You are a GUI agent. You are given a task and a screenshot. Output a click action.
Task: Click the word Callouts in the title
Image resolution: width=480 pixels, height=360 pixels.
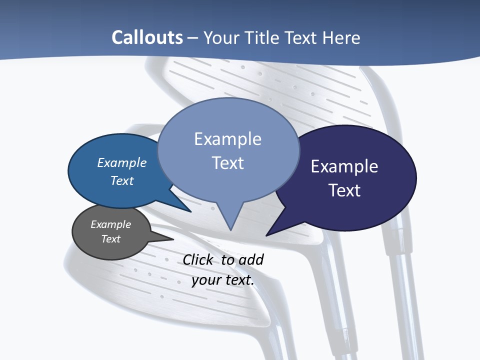(x=147, y=37)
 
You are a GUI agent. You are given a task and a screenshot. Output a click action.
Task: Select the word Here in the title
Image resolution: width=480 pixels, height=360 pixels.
(x=341, y=37)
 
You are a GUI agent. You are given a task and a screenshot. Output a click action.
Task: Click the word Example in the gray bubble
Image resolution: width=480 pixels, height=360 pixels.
(x=110, y=224)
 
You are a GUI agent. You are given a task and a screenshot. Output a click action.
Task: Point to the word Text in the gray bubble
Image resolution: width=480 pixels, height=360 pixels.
(x=110, y=239)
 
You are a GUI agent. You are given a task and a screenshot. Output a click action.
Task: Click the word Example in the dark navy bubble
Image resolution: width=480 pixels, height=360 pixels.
(x=344, y=166)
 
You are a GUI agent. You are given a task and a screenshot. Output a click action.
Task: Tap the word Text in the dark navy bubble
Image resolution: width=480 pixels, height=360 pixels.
(x=344, y=190)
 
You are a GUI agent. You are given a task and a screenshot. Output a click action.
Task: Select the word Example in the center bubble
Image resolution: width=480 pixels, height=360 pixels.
(x=227, y=139)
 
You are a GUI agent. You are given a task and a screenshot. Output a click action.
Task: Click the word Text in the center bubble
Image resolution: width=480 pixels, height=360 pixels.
(x=227, y=163)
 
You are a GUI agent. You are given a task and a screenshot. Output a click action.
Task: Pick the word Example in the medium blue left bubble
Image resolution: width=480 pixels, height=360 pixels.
(x=122, y=163)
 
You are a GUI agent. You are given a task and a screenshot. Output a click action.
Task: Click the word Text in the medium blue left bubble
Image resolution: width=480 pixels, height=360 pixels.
(x=122, y=180)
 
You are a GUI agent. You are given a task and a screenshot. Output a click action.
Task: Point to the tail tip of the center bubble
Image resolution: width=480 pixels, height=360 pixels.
(x=230, y=229)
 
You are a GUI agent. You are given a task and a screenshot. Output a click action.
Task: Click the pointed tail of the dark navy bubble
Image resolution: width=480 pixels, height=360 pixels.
(x=268, y=234)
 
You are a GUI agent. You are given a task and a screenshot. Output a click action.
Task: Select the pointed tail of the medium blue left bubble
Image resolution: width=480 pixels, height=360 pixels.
(x=189, y=211)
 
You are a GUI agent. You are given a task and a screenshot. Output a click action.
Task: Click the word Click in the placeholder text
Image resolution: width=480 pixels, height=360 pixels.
(x=199, y=259)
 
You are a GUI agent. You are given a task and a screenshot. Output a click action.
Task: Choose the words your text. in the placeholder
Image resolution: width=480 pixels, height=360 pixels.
(x=223, y=280)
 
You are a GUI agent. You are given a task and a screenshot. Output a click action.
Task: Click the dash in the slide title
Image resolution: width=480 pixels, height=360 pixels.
(x=192, y=38)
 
